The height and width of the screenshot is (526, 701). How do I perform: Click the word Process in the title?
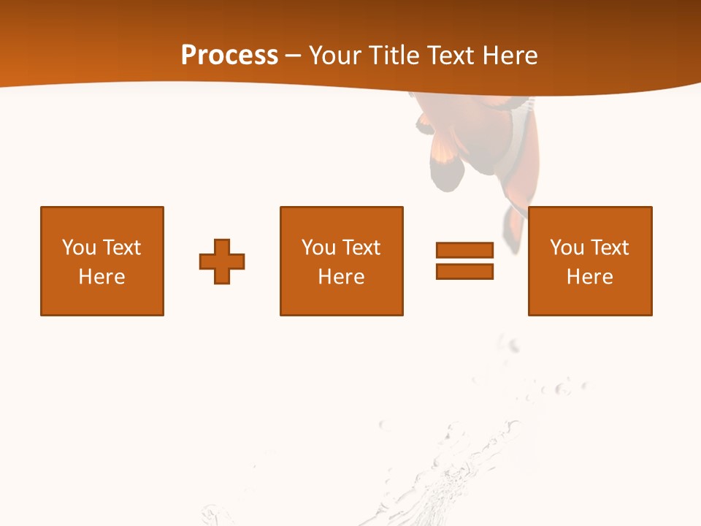[229, 56]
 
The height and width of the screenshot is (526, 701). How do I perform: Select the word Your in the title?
[335, 56]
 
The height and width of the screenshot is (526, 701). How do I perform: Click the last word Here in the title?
[509, 56]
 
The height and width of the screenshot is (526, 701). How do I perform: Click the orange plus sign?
[222, 261]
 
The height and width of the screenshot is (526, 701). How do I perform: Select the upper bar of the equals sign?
[464, 250]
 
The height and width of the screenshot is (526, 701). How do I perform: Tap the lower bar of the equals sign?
[464, 271]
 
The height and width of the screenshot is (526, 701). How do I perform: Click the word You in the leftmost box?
[79, 248]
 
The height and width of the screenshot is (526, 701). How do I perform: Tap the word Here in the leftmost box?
[102, 277]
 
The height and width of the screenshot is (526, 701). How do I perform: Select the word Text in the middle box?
[361, 248]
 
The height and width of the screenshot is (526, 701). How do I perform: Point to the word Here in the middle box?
[342, 277]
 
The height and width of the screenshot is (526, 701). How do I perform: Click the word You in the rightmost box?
[567, 248]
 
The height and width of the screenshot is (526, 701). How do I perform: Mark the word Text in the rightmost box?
[610, 248]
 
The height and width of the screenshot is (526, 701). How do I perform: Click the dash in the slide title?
[293, 56]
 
